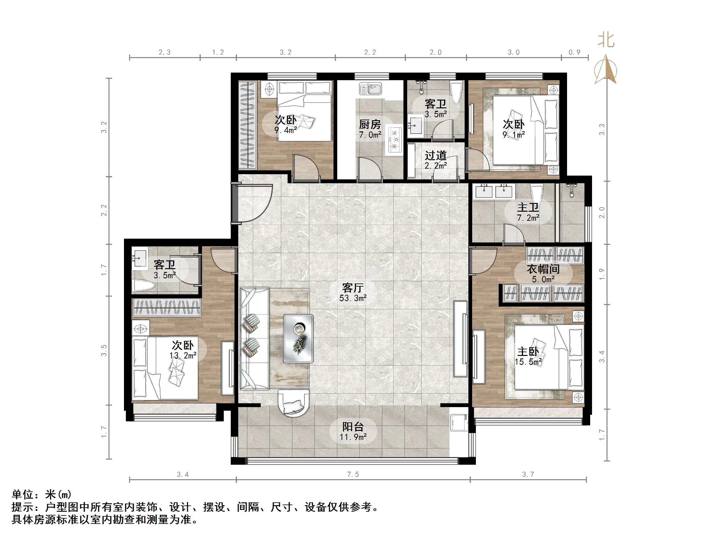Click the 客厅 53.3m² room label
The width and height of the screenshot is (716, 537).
353,292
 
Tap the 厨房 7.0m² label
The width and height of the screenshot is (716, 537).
370,129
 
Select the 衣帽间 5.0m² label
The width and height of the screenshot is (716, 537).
543,273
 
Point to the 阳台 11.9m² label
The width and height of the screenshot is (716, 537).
353,431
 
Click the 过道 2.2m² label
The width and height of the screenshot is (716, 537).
436,160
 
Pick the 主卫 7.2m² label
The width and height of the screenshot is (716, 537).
528,212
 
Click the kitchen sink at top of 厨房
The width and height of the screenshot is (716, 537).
371,88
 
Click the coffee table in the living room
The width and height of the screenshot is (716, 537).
298,338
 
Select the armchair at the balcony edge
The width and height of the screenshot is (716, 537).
294,403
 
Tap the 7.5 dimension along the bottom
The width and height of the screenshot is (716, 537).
353,475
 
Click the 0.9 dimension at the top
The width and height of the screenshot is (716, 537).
575,52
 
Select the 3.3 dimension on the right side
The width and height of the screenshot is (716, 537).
602,130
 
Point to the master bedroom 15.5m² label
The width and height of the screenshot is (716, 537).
528,356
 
